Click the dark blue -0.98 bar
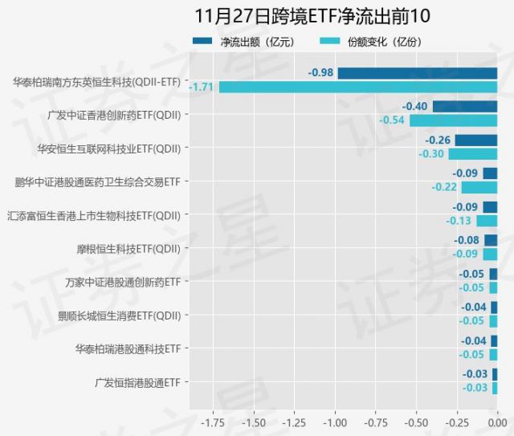point(417,73)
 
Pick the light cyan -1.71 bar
point(357,87)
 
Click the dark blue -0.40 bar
point(464,107)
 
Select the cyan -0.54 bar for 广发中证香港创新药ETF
point(453,120)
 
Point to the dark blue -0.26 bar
point(475,141)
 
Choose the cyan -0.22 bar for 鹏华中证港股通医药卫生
point(479,187)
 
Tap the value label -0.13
point(459,221)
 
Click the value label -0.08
point(467,240)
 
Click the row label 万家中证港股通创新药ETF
point(123,282)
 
